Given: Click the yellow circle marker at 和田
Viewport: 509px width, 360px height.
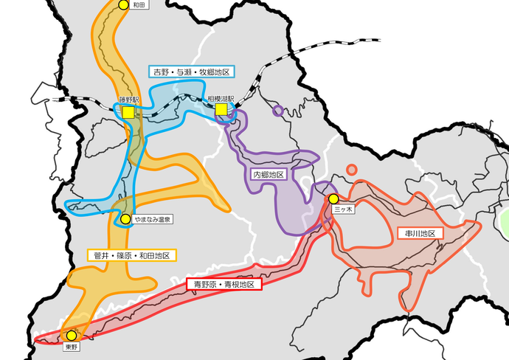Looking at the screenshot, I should pos(124,4).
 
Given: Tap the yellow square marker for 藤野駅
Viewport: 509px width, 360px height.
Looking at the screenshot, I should pos(128,112).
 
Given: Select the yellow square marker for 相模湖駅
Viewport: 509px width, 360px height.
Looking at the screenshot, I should pos(221,110).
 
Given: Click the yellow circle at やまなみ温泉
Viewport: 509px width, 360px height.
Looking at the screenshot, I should pos(125,219).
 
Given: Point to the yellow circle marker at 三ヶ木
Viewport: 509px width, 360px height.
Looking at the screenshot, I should pos(333,199).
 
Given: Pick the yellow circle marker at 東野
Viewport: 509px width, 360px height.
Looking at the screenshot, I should pos(72,335).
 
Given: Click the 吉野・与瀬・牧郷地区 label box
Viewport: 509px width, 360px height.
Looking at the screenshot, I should pos(191,72).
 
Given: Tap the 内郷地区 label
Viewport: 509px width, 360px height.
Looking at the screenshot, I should pos(269,175).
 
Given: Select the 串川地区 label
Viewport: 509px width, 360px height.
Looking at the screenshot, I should pos(420,233).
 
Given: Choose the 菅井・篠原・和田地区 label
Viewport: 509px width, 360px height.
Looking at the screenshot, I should pos(132,255).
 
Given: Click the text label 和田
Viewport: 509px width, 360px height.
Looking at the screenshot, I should pos(139,5).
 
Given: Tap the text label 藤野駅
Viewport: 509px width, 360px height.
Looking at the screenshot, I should pos(129,99).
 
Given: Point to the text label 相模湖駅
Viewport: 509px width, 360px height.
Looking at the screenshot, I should pos(221,98).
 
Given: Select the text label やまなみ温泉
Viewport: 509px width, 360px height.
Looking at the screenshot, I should pos(151,220).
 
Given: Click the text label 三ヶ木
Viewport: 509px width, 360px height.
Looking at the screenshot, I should pos(344,210).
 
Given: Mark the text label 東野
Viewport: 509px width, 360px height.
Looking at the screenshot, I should pos(71,346).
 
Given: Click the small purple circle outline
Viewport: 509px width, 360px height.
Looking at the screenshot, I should pos(277,111).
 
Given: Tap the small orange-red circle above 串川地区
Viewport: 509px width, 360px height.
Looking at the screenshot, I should pos(352,170).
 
